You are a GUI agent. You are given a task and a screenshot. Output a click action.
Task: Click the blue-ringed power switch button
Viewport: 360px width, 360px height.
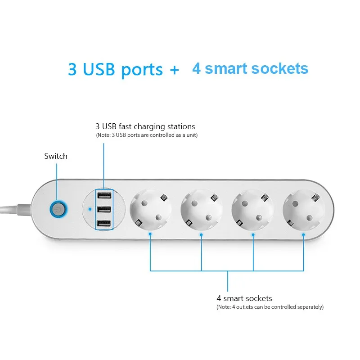58,209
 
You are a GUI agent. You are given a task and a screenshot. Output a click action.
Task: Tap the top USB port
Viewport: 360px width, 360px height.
104,196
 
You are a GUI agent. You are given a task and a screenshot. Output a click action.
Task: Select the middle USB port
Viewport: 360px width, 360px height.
104,209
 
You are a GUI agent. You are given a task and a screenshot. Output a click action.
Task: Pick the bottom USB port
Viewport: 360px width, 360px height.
104,223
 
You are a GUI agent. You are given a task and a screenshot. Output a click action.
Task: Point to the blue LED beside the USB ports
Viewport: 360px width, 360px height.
90,209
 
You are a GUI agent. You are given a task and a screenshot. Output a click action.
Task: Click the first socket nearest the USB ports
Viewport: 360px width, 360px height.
151,210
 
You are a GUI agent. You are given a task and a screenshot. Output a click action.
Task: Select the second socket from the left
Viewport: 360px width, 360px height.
201,210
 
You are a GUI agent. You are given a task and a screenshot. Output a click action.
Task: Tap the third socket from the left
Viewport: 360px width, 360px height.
252,210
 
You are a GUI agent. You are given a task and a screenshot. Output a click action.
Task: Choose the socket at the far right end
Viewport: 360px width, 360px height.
303,210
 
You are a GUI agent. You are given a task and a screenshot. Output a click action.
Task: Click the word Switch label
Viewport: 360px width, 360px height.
56,156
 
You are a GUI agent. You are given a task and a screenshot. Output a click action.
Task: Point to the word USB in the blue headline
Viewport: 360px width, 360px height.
99,69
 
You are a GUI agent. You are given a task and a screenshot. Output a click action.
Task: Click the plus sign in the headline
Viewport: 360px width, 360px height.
175,70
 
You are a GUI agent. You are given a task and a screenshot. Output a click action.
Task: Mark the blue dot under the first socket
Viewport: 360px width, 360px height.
150,234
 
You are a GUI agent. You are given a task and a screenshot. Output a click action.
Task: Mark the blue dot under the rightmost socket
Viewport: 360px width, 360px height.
303,234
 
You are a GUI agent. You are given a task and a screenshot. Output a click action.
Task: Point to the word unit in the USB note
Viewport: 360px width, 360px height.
192,135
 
